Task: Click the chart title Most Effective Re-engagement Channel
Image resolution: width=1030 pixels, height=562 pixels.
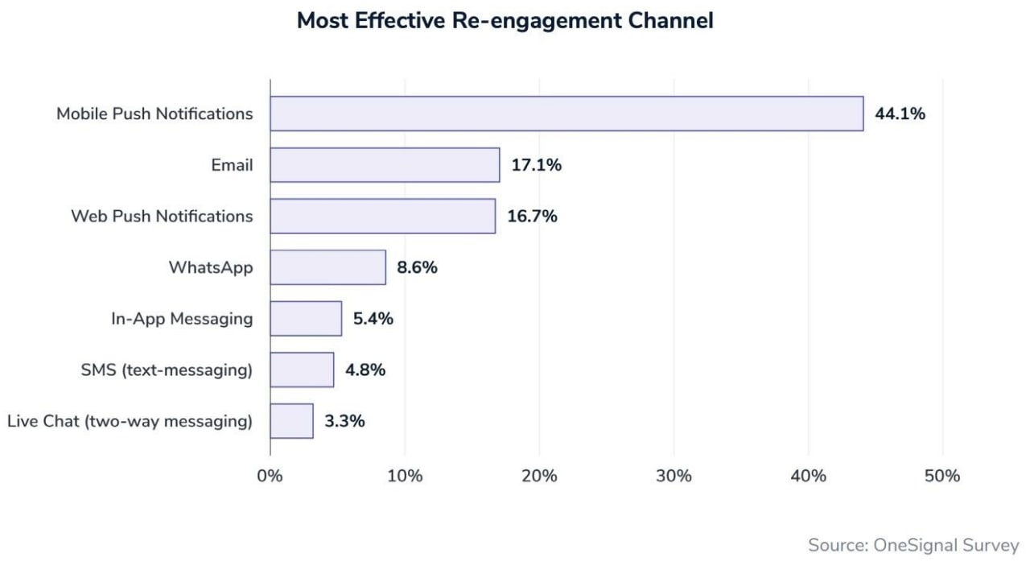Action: pos(505,21)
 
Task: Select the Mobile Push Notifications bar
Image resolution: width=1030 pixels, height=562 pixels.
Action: pos(566,114)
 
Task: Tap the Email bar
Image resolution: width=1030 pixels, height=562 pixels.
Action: pos(385,165)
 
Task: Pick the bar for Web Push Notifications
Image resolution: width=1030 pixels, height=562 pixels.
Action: pos(382,216)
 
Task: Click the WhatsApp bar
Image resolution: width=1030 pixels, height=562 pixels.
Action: pos(328,267)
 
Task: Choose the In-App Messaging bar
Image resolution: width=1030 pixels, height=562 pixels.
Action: pos(306,318)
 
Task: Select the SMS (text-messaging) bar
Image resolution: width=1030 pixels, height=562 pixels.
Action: pos(302,370)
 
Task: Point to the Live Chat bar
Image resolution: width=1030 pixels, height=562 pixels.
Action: pos(291,421)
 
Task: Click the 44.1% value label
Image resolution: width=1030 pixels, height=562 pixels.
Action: pos(900,114)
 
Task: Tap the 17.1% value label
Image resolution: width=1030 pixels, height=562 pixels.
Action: pos(536,165)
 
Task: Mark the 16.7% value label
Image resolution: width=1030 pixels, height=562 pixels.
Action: pos(532,216)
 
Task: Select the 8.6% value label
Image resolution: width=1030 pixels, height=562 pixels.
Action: pos(416,267)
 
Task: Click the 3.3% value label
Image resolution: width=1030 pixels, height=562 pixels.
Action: pos(344,421)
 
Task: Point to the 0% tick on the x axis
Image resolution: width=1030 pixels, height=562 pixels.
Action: pos(270,476)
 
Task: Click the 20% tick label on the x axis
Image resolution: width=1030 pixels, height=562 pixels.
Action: pos(539,476)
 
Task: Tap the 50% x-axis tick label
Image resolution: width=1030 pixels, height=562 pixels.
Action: pos(942,476)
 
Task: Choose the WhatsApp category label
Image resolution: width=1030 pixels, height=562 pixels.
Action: pos(210,267)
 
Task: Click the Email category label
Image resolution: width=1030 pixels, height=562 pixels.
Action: pos(232,165)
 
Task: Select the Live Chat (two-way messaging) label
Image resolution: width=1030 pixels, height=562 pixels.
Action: pos(130,421)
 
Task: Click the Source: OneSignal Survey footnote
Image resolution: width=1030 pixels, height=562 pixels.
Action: pos(913,544)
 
